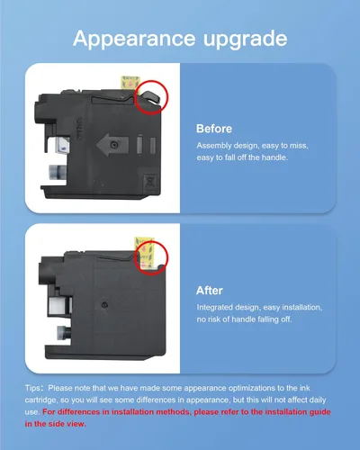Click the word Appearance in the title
point(134,39)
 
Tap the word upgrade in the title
point(246,39)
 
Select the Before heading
point(214,129)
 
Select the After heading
point(210,291)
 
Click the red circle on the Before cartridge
point(135,97)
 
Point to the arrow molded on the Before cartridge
point(112,145)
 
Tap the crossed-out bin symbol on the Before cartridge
point(150,182)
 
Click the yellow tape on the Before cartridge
point(130,83)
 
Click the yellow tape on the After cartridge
point(144,253)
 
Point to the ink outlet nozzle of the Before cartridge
point(57,173)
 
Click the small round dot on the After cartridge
point(104,305)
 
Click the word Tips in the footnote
point(32,388)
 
